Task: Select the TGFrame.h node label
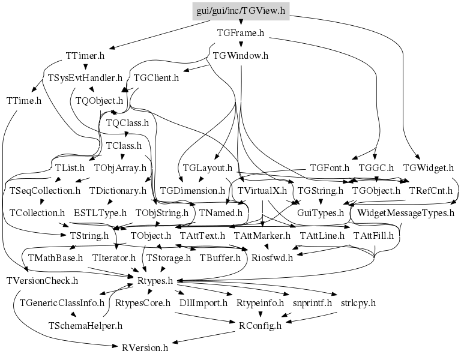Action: click(241, 34)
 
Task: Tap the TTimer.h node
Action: click(85, 56)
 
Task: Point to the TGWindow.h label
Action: click(241, 56)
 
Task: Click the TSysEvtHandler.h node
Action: click(85, 78)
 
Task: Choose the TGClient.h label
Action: click(156, 78)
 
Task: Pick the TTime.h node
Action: click(23, 100)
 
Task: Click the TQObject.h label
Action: click(99, 100)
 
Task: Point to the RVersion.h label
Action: click(145, 347)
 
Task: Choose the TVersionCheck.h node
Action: click(42, 280)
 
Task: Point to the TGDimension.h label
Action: click(192, 190)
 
